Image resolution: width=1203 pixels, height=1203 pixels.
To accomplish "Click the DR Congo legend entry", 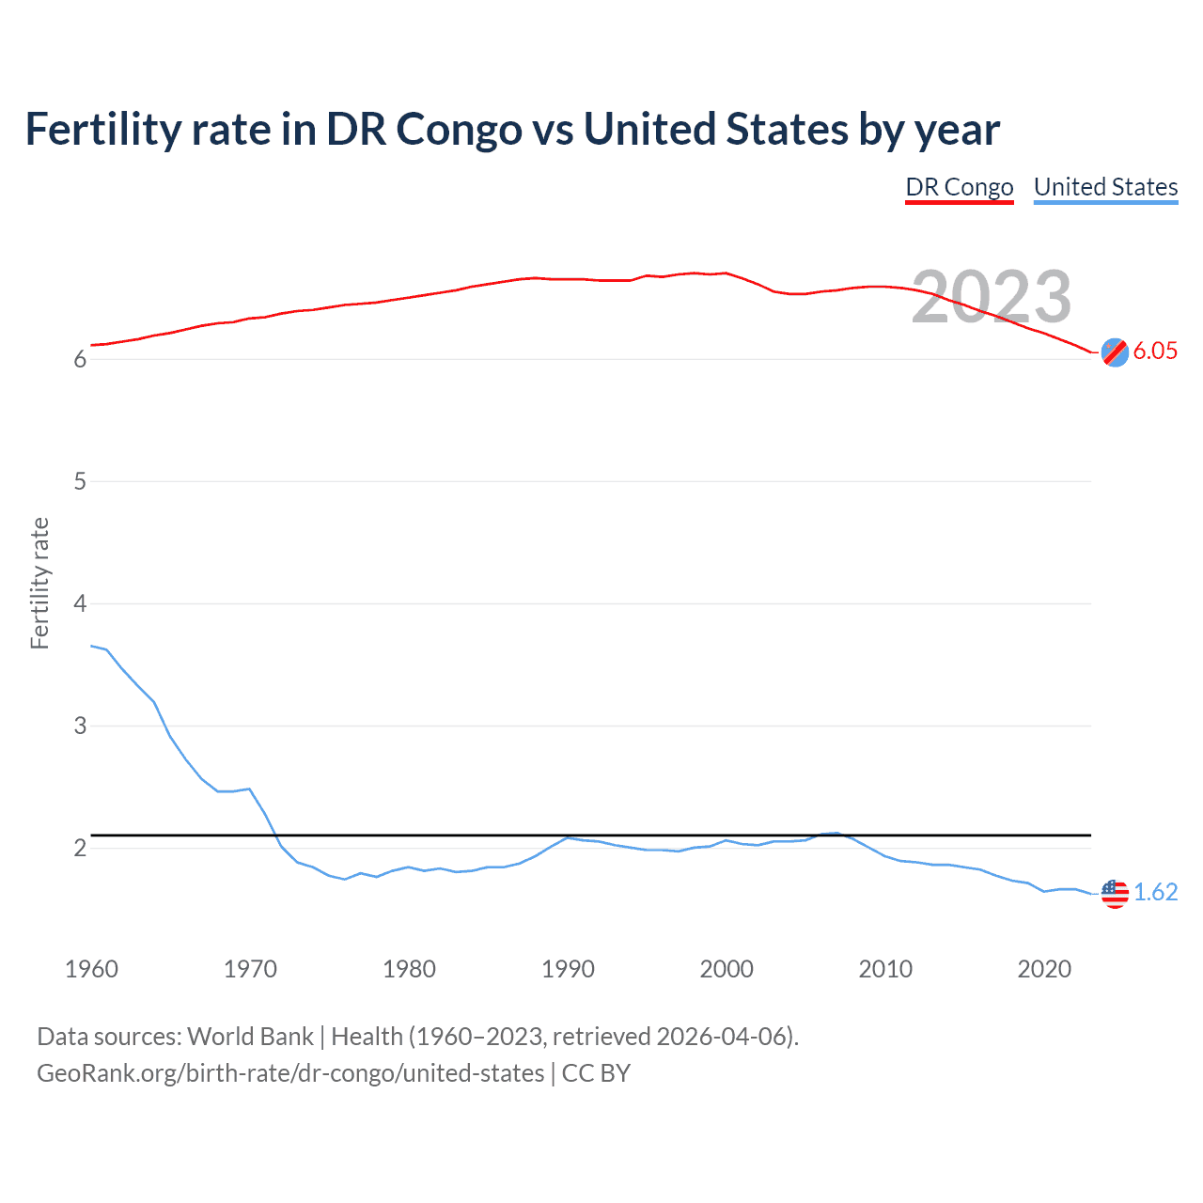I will click(x=959, y=187).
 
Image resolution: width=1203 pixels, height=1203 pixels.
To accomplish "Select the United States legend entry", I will click(x=1105, y=187).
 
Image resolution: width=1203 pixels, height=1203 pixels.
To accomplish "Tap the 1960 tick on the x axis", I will click(x=91, y=969).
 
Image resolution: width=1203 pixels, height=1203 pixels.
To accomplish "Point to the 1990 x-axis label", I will click(x=568, y=969).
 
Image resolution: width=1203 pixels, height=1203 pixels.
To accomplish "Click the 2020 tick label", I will click(x=1044, y=969).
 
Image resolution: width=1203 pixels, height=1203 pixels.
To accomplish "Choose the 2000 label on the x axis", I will click(x=726, y=969).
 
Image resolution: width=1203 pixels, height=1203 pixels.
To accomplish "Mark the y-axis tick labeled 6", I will click(x=80, y=360).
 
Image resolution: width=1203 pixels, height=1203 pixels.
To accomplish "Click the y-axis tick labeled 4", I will click(x=80, y=603).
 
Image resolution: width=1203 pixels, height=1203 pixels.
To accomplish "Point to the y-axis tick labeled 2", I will click(x=80, y=848).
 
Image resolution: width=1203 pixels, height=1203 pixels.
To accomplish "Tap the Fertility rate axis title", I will click(x=39, y=583).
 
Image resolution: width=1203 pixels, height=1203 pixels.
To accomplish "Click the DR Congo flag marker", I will click(x=1115, y=352).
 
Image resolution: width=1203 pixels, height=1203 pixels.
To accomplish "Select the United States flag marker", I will click(x=1115, y=893).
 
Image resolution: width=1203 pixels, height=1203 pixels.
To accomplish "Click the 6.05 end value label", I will click(x=1155, y=351).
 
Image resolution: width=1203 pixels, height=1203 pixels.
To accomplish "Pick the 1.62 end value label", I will click(x=1155, y=892).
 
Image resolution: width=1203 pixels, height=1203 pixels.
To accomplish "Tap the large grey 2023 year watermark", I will click(x=992, y=297).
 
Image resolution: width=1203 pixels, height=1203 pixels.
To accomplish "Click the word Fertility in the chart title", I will click(x=102, y=129).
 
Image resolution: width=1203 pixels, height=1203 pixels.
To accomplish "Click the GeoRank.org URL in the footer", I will click(x=290, y=1073).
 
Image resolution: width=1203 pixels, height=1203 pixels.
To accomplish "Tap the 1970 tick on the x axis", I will click(x=250, y=969).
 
